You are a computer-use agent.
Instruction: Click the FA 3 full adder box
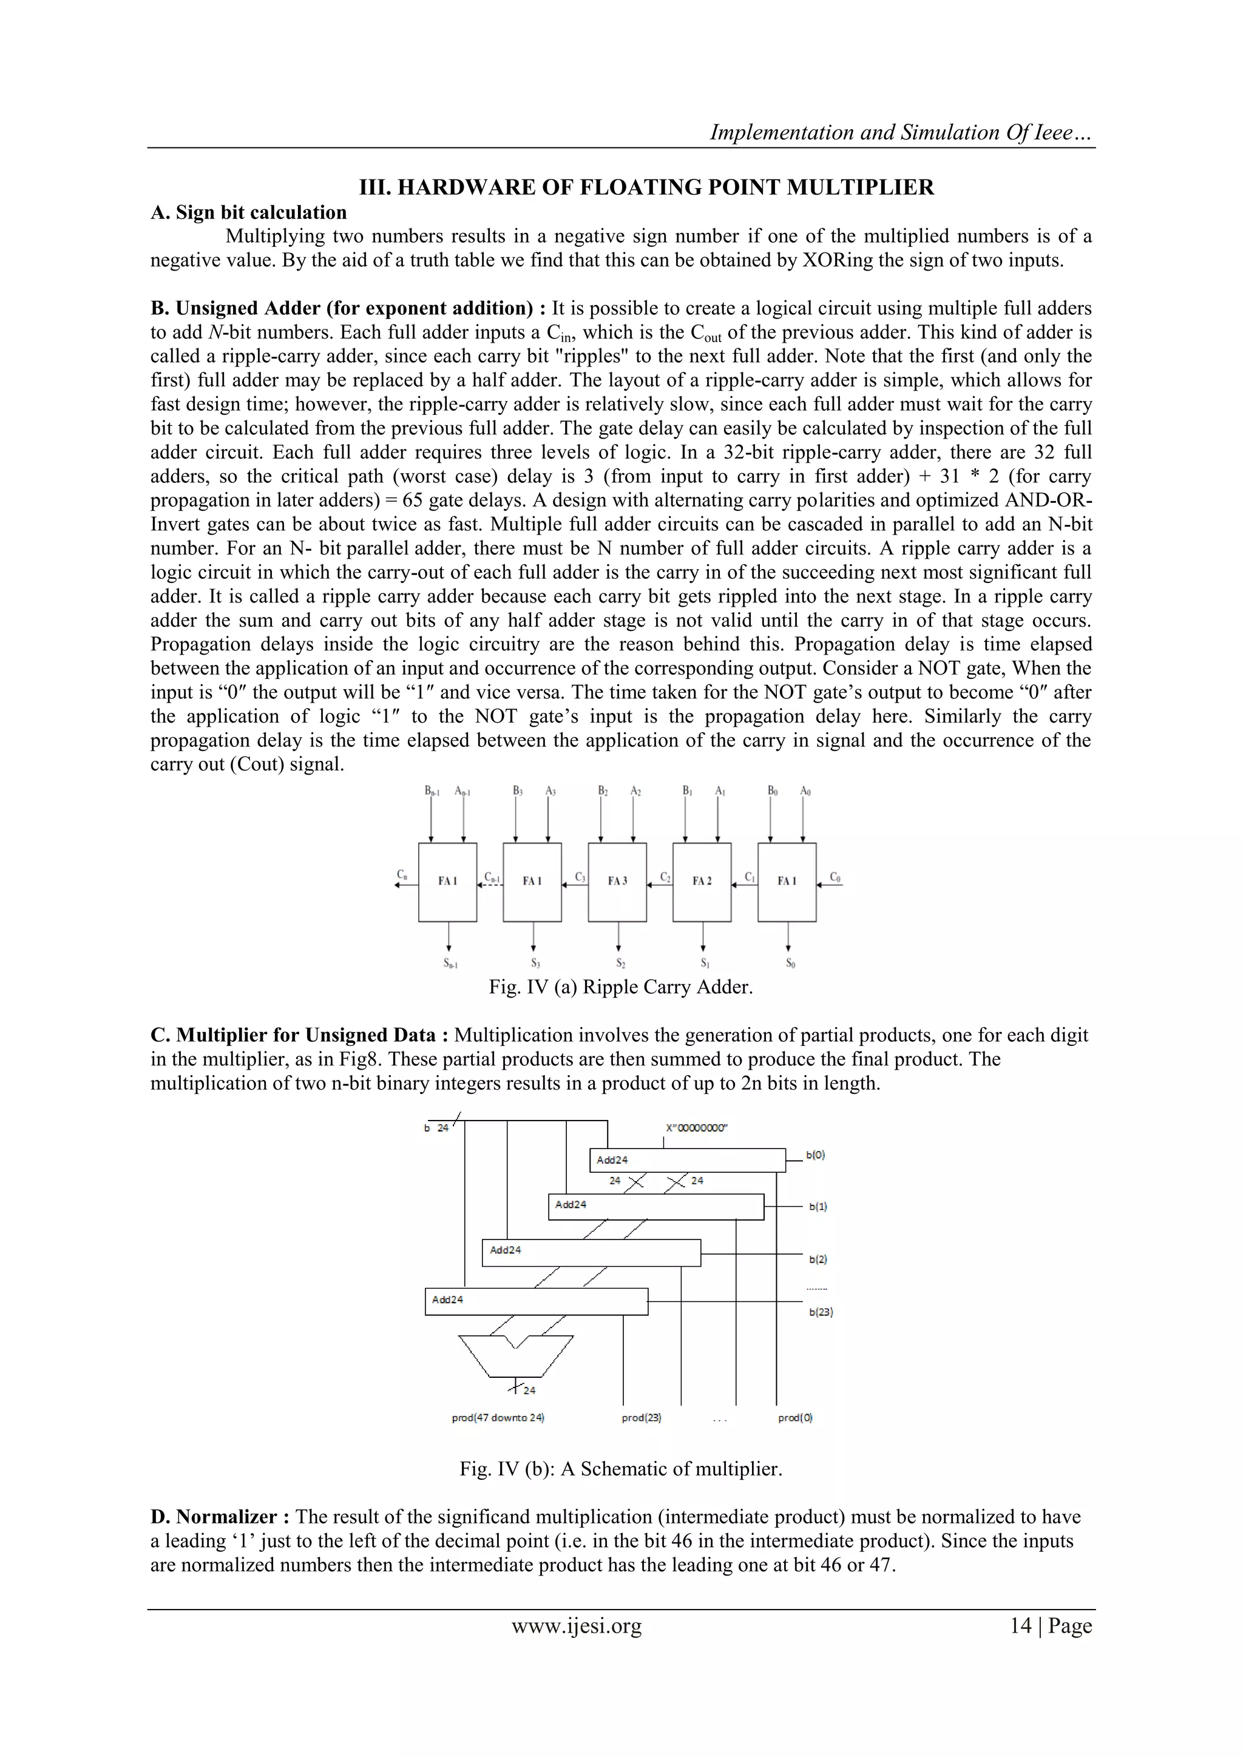[x=617, y=882]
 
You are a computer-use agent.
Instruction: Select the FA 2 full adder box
[x=702, y=882]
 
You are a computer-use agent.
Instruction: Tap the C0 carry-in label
[x=835, y=876]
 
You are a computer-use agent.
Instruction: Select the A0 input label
[x=805, y=791]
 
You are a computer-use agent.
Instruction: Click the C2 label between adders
[x=665, y=876]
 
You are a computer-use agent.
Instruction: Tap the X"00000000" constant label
[x=697, y=1128]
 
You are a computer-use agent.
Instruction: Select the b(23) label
[x=821, y=1312]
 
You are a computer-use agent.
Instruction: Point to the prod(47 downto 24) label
[x=498, y=1417]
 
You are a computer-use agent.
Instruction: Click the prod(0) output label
[x=795, y=1417]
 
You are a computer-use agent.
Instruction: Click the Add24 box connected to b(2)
[x=591, y=1253]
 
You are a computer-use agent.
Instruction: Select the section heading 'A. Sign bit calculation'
[x=249, y=212]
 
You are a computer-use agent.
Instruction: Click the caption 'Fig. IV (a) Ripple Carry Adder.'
[x=621, y=986]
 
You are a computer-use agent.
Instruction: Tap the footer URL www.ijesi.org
[x=577, y=1625]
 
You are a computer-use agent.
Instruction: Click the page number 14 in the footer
[x=1020, y=1625]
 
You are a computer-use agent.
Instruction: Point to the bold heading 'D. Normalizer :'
[x=220, y=1517]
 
